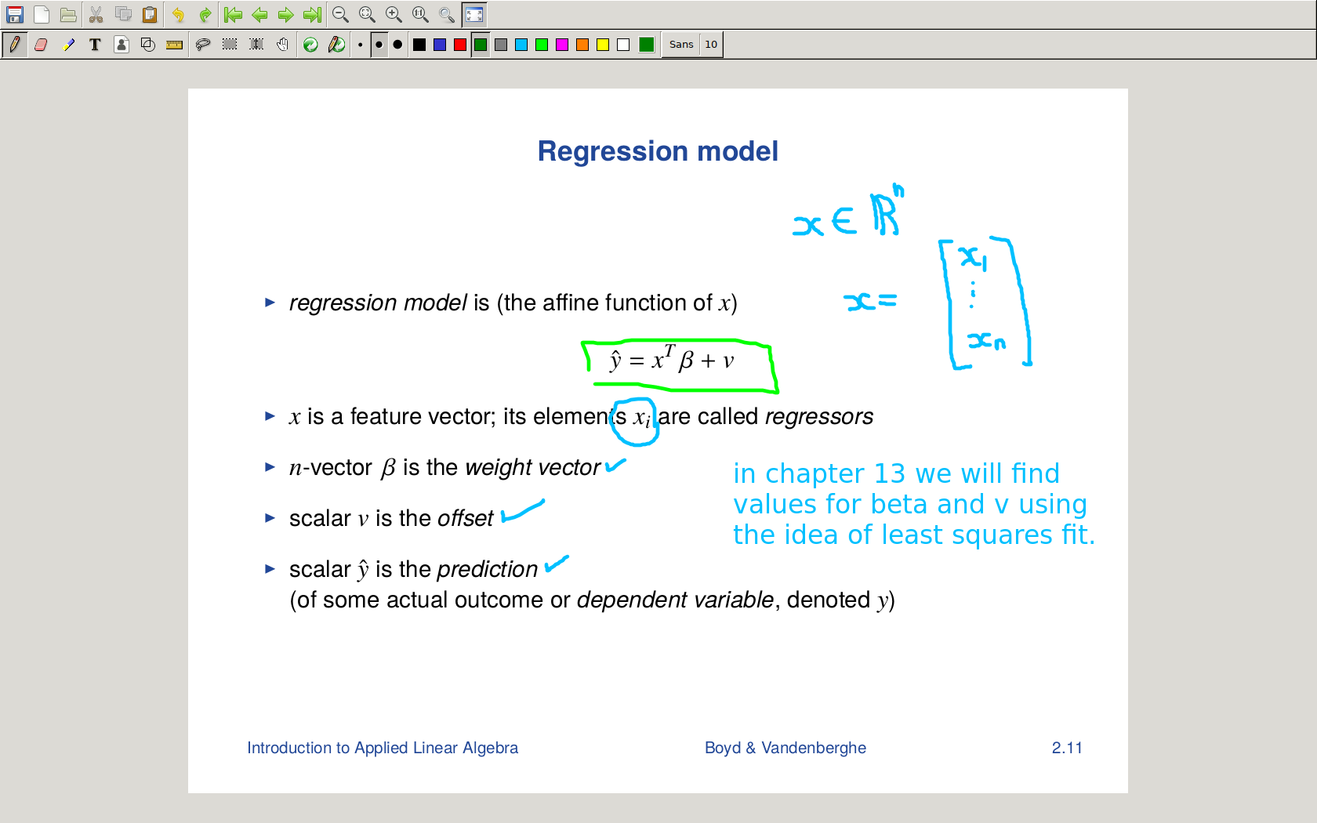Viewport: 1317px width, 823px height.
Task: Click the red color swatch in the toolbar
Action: (x=459, y=45)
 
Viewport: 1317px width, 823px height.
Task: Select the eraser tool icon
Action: (x=41, y=45)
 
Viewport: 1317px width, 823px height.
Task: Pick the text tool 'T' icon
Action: (x=95, y=45)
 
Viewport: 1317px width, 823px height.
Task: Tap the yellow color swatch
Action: (x=603, y=45)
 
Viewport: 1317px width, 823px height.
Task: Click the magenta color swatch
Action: (x=562, y=45)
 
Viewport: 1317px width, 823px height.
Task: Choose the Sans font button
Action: (x=680, y=45)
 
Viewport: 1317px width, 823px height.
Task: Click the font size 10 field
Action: (x=711, y=45)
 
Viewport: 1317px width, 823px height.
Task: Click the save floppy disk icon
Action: (x=15, y=14)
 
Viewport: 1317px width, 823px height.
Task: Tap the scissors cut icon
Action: (x=96, y=14)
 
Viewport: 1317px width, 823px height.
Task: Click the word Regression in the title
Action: (x=613, y=152)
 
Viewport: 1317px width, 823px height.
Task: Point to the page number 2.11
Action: (x=1066, y=748)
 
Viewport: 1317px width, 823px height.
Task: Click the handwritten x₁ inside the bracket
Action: (x=972, y=258)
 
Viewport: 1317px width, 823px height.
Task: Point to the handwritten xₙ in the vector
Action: (x=986, y=341)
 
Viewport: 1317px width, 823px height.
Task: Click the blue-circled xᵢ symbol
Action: (x=641, y=418)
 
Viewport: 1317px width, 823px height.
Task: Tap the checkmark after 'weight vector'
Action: (x=615, y=466)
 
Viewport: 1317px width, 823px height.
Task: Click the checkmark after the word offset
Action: (x=523, y=511)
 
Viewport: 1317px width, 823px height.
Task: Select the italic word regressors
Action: (x=819, y=417)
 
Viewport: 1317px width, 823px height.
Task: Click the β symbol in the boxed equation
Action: (x=685, y=361)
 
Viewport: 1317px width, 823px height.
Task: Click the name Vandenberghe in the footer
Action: (x=814, y=748)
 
